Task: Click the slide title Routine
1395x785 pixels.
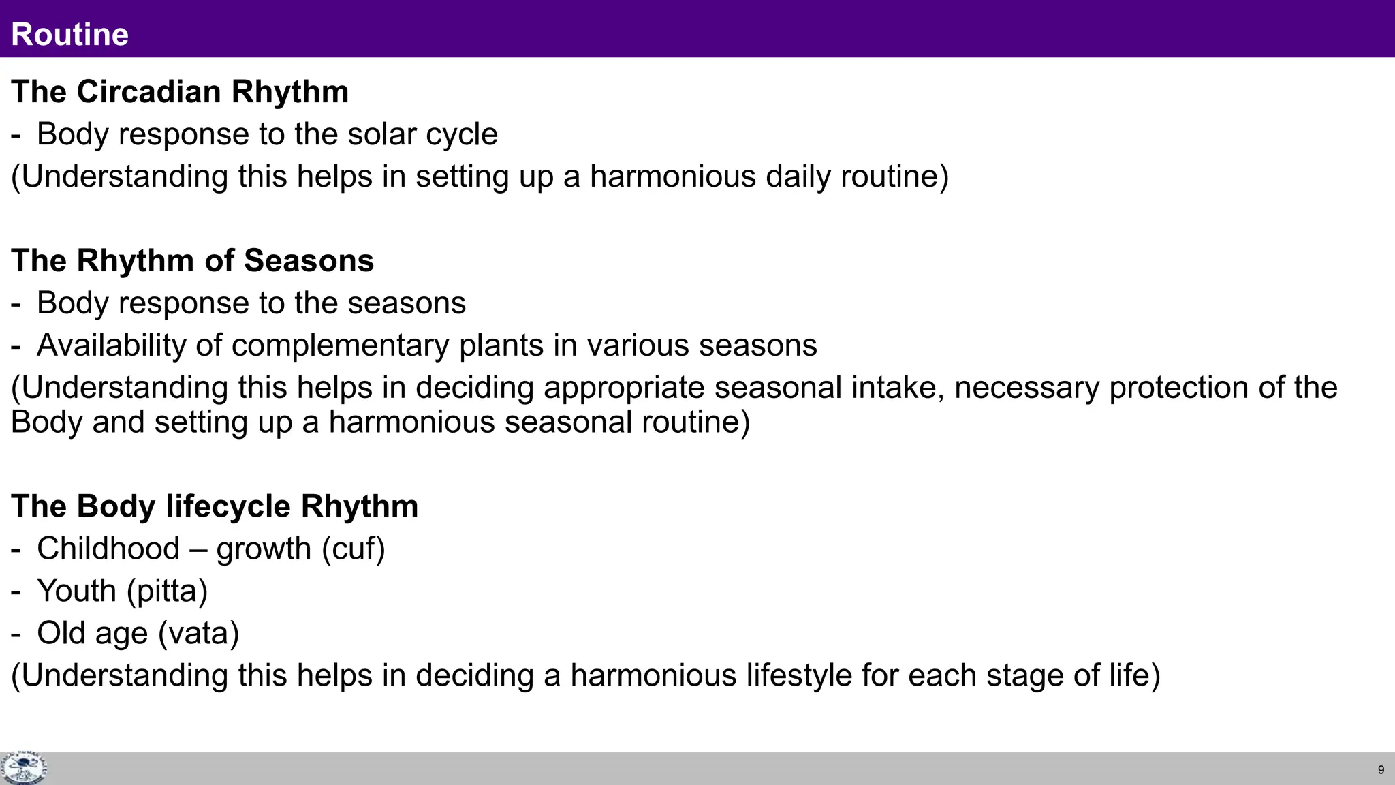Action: click(x=70, y=34)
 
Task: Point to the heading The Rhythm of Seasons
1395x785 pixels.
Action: click(x=193, y=261)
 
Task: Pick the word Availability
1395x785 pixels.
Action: click(x=111, y=345)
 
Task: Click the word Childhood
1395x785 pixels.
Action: click(x=108, y=549)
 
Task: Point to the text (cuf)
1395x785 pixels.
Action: click(x=354, y=549)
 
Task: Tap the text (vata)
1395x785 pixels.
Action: click(x=198, y=633)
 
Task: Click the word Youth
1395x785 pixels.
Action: click(x=76, y=591)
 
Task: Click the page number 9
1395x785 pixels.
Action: click(x=1381, y=770)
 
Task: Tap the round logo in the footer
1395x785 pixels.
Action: click(x=24, y=768)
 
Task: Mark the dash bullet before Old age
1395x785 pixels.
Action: click(x=16, y=634)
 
